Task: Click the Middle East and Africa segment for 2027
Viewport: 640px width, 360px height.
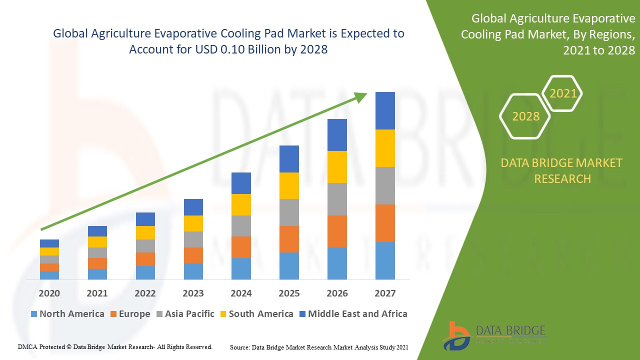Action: pos(385,110)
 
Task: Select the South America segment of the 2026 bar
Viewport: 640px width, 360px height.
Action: pos(337,166)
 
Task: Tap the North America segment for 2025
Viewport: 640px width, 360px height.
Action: pos(289,265)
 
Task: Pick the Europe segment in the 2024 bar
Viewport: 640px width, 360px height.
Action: pos(241,247)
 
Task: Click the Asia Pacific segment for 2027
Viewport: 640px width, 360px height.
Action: pos(385,185)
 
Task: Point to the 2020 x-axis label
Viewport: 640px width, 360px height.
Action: pos(49,293)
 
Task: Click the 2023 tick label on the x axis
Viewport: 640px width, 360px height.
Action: pos(193,293)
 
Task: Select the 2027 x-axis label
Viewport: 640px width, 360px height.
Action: pos(385,293)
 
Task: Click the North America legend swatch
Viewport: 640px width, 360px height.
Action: pos(34,314)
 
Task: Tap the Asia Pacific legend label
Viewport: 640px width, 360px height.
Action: pos(189,314)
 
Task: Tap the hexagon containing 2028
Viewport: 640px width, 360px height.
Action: pos(525,116)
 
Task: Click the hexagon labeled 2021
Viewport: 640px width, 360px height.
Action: pos(563,93)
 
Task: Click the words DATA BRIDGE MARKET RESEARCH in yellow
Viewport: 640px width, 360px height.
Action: pos(562,170)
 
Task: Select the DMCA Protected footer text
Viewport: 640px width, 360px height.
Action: pos(115,346)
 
